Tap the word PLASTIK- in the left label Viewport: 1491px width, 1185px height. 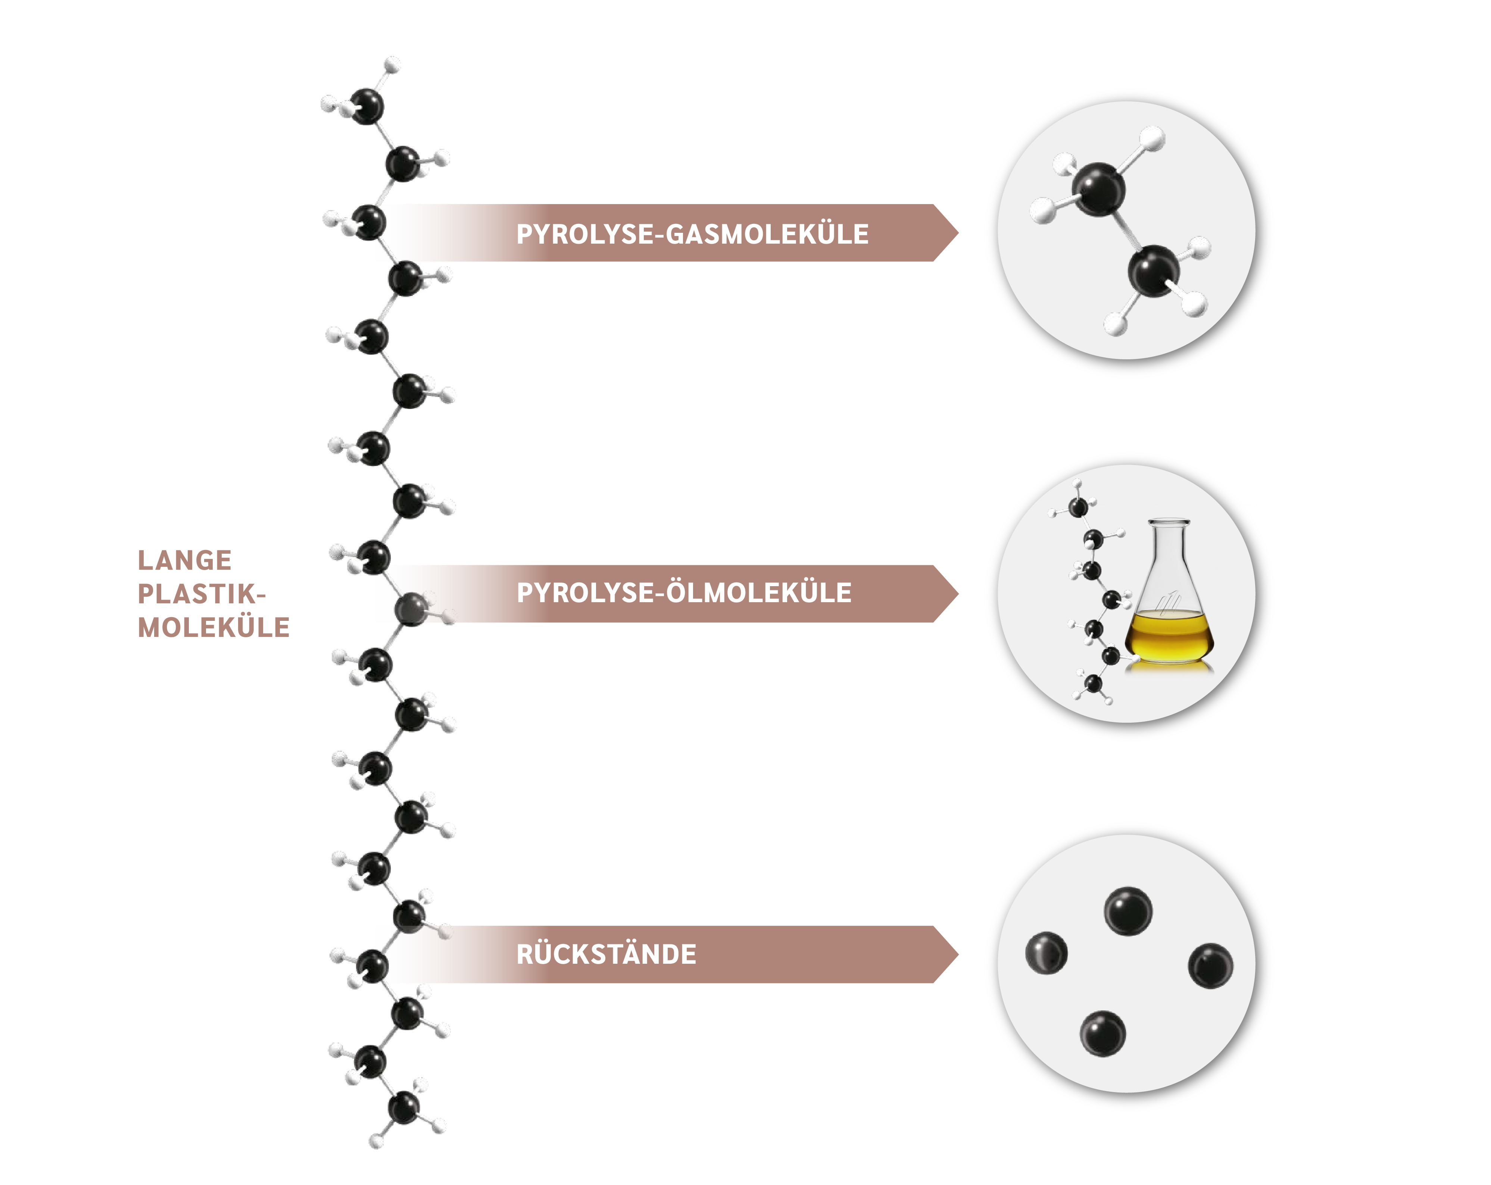(x=201, y=594)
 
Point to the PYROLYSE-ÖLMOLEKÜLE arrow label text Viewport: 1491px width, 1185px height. (x=684, y=593)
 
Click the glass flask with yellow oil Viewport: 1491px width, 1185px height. (x=1169, y=601)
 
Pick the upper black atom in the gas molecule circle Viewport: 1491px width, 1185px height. (x=1098, y=189)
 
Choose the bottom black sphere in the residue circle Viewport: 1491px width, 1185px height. (x=1102, y=1034)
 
